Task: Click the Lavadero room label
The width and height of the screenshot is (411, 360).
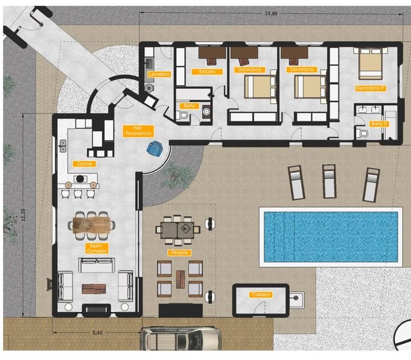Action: pos(159,74)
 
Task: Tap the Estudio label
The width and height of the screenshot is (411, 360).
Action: pos(207,72)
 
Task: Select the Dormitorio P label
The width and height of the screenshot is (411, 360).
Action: pos(370,88)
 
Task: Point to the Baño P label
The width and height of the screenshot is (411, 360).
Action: pos(378,123)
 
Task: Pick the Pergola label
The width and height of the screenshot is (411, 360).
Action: pos(179,252)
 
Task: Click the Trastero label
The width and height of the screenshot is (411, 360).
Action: pos(261,295)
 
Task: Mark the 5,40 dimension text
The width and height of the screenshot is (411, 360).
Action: pos(96,332)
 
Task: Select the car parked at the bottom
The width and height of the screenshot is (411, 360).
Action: pos(179,339)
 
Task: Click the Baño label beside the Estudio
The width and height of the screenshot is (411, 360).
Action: pos(190,106)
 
